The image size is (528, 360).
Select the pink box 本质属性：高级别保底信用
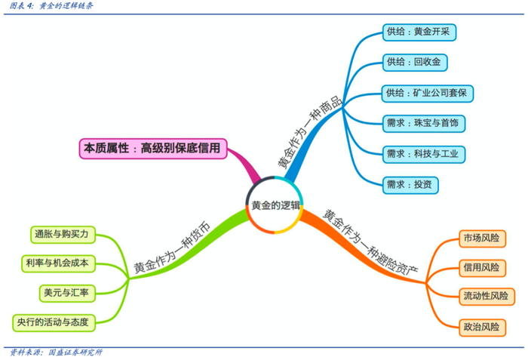tap(154, 149)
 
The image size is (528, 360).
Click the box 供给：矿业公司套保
tap(428, 93)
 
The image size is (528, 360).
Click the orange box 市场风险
tap(482, 238)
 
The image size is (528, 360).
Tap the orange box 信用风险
tap(482, 267)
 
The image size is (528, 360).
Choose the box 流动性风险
tap(487, 297)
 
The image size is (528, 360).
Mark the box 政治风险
tap(482, 327)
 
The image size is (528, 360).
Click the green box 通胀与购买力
tap(61, 234)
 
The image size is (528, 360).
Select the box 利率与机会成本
tap(57, 263)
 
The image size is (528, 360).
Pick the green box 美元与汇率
tap(66, 292)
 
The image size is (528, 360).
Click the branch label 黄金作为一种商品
tap(309, 132)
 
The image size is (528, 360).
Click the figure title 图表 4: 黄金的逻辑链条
tap(52, 6)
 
